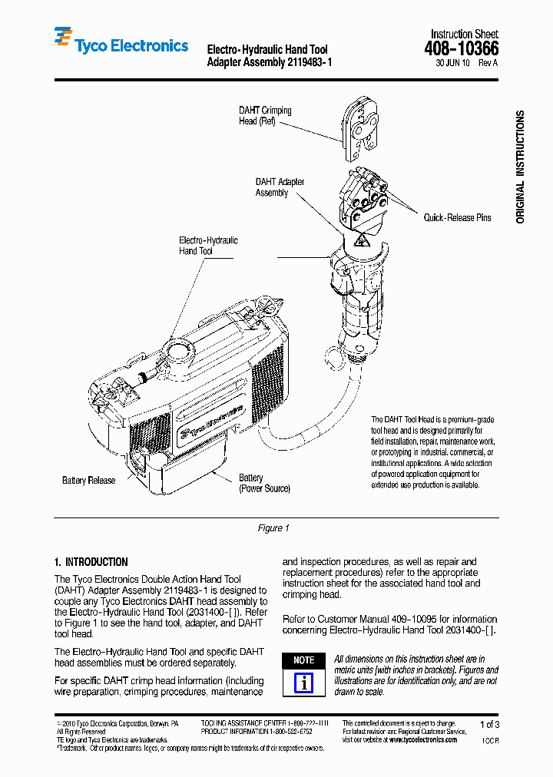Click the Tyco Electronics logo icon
point(62,38)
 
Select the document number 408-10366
point(464,49)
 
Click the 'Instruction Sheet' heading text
point(464,34)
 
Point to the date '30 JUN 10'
point(453,63)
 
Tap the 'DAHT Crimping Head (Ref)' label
point(265,116)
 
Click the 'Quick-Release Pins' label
point(457,218)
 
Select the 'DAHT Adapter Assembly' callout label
point(280,187)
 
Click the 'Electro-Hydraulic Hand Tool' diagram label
point(208,246)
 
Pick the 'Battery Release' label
point(88,481)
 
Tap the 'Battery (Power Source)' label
point(263,483)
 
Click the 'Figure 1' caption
point(273,528)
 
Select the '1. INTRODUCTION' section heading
point(91,562)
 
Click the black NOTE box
point(304,660)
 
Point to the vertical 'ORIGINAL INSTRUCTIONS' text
point(520,167)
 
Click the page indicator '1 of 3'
point(489,725)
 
